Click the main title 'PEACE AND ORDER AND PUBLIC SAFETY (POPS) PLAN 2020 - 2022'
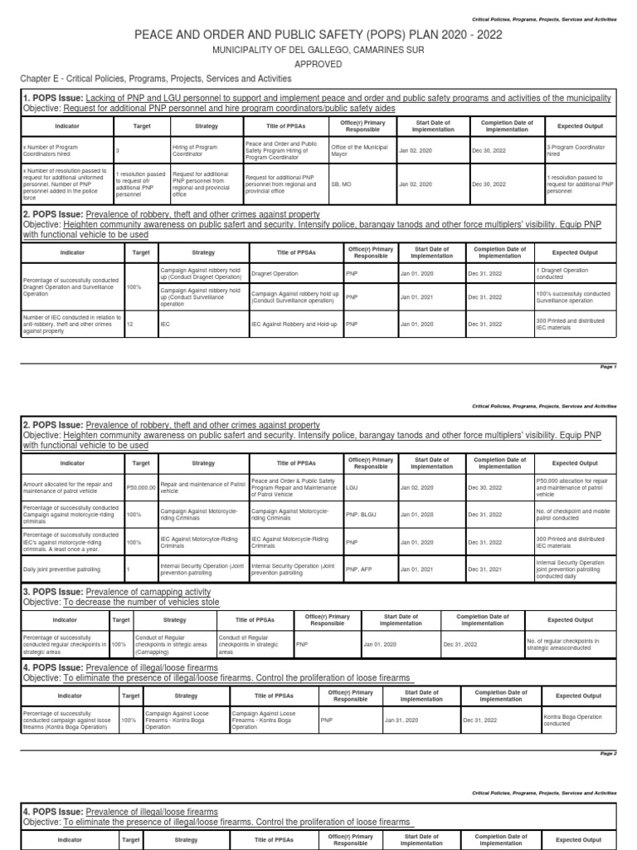(x=318, y=34)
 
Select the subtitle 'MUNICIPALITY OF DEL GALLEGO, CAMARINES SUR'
(x=318, y=50)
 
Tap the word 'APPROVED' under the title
(x=318, y=63)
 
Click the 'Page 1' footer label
(x=609, y=367)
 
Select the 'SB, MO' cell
(x=340, y=183)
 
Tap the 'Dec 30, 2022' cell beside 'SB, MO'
(x=488, y=183)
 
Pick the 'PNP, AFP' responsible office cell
(x=358, y=569)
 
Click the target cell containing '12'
(x=130, y=324)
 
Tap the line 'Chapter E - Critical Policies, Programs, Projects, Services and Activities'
(x=156, y=79)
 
